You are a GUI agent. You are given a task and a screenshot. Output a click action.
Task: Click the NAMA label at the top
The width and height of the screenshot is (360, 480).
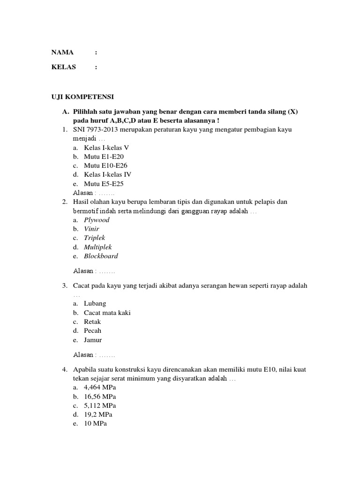click(x=62, y=52)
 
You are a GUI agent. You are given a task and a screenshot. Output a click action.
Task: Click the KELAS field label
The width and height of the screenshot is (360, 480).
click(x=63, y=67)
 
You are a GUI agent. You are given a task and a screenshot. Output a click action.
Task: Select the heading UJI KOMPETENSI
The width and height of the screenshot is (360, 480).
click(x=82, y=97)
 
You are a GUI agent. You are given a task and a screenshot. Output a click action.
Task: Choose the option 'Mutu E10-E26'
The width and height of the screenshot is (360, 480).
click(x=105, y=165)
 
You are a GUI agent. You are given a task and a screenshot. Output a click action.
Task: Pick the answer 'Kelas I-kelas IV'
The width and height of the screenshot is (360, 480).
click(x=107, y=174)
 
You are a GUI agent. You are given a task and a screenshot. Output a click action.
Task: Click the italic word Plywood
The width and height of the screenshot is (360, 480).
click(x=97, y=220)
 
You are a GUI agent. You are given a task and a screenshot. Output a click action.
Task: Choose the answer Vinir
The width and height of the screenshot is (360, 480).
click(x=91, y=229)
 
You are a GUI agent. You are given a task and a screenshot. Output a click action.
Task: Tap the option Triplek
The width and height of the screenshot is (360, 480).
click(x=95, y=238)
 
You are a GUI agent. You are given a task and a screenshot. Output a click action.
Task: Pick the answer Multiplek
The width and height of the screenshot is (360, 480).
click(x=98, y=247)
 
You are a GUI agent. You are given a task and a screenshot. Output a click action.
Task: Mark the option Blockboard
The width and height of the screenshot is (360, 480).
click(x=101, y=256)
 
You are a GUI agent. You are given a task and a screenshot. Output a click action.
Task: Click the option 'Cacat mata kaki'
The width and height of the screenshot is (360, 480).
click(x=107, y=313)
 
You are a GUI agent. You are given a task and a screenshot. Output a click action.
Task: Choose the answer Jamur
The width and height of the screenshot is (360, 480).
click(x=93, y=340)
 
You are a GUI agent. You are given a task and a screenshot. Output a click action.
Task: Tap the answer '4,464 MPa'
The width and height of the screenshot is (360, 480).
click(x=100, y=388)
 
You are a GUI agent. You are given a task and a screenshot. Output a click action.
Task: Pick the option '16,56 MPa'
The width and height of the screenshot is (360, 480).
click(x=100, y=397)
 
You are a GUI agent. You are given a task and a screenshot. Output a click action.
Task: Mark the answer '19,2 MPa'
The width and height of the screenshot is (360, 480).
click(x=98, y=415)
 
